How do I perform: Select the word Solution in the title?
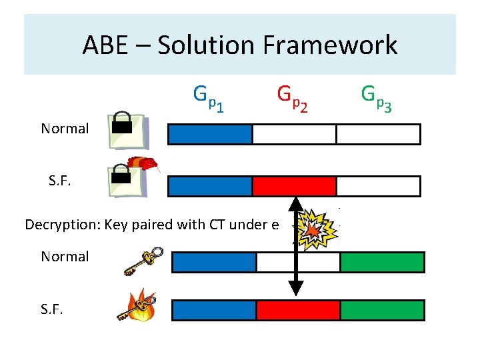click(x=207, y=45)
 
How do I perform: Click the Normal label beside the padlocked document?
click(x=65, y=129)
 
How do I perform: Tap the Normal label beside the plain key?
click(x=65, y=257)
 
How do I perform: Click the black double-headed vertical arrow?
click(x=296, y=247)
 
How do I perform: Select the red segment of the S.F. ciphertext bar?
click(x=294, y=186)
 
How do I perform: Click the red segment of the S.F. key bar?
click(x=298, y=310)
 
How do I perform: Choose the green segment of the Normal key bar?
click(x=382, y=262)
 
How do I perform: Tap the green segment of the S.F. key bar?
click(x=382, y=310)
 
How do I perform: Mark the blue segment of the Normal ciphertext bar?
click(x=209, y=134)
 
